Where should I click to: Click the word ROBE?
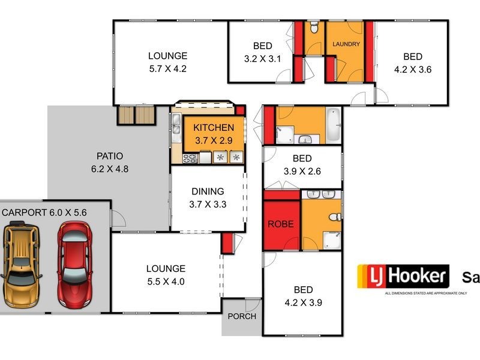(281, 224)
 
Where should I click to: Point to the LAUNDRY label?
(346, 44)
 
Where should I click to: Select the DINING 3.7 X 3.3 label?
(208, 197)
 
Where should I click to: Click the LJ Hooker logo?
(403, 277)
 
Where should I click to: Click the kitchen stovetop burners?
(190, 158)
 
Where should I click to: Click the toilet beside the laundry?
(314, 28)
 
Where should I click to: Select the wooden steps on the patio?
(136, 115)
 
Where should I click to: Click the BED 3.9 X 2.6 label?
(302, 165)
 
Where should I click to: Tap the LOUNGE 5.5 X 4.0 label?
(165, 275)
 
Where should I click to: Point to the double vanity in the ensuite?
(322, 194)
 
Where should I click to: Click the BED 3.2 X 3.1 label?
(262, 52)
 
